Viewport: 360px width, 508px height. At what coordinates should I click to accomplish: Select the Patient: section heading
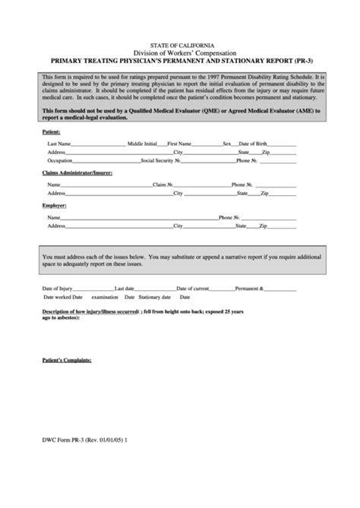[x=52, y=132]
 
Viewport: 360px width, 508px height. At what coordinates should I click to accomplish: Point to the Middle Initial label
[x=142, y=144]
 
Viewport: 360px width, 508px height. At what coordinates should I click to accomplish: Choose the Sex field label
[x=226, y=144]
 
